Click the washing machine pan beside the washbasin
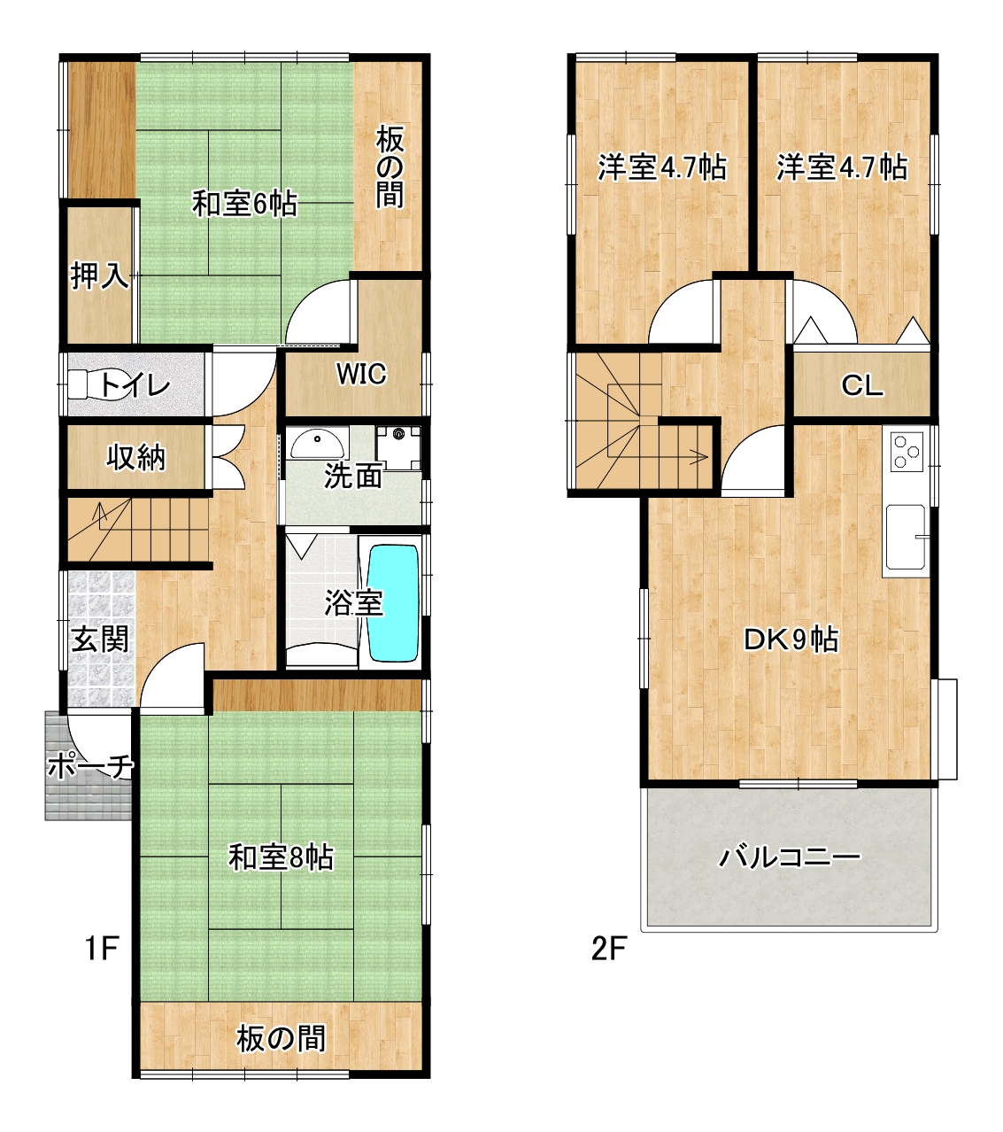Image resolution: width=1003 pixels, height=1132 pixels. pyautogui.click(x=398, y=448)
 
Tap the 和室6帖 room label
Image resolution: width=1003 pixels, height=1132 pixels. pyautogui.click(x=244, y=205)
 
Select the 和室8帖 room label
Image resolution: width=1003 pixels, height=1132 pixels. pyautogui.click(x=281, y=857)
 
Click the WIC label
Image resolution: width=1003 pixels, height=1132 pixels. pyautogui.click(x=361, y=374)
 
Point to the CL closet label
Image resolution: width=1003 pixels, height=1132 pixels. pyautogui.click(x=861, y=385)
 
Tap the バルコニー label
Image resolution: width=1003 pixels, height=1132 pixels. pyautogui.click(x=789, y=857)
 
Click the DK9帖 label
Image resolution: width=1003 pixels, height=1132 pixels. pyautogui.click(x=791, y=640)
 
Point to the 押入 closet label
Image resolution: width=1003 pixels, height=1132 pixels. pyautogui.click(x=100, y=275)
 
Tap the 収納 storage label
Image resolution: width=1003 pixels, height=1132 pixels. pyautogui.click(x=136, y=458)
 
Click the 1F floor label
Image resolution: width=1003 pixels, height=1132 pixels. pyautogui.click(x=101, y=948)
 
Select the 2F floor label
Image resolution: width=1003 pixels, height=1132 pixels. pyautogui.click(x=609, y=948)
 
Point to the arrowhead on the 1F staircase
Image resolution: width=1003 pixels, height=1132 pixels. pyautogui.click(x=101, y=511)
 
